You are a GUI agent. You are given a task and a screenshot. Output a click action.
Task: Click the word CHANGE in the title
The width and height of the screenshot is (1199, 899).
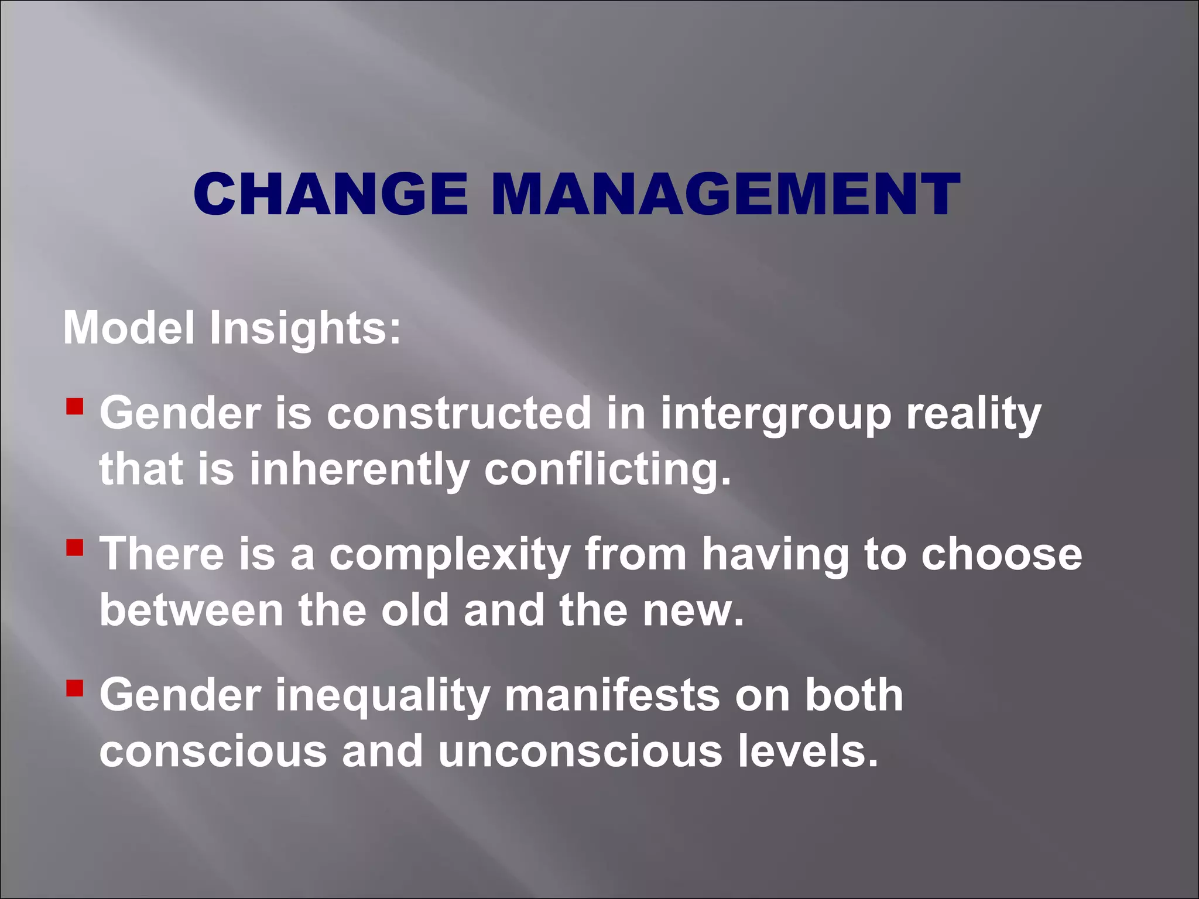[330, 194]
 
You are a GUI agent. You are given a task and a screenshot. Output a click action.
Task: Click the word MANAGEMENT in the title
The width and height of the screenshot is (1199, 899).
[725, 194]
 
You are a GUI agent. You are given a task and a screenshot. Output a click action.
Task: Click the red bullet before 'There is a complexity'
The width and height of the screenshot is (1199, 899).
[74, 547]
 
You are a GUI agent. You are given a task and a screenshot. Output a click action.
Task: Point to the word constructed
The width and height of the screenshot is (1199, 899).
[459, 413]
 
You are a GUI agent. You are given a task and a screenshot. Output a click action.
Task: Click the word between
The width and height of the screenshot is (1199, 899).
[191, 610]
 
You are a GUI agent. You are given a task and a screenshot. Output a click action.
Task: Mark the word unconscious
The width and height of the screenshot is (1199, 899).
[580, 751]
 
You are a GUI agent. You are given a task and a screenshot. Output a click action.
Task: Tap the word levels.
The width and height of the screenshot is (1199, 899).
[808, 751]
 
